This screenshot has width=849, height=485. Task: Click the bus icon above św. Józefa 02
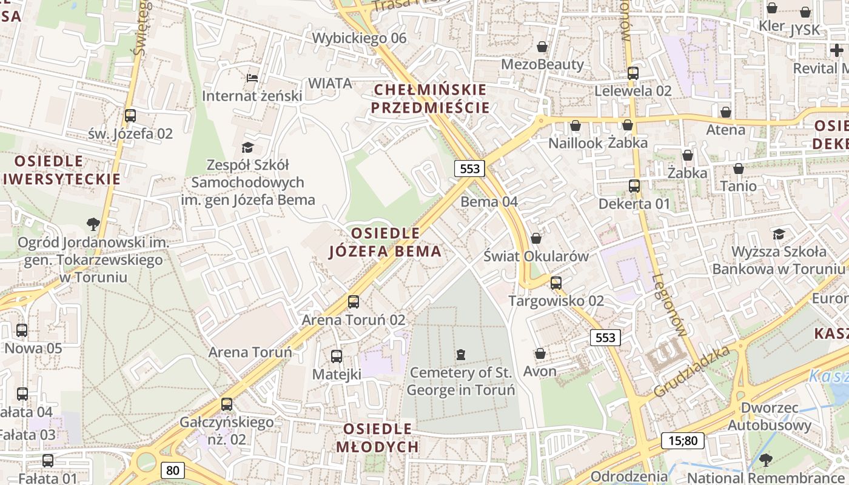coord(130,116)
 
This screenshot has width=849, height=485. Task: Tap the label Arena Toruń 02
coord(354,319)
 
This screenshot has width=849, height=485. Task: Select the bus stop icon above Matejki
coord(337,356)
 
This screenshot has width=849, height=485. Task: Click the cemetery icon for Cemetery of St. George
coord(461,354)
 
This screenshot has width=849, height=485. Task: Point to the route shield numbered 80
coord(173,470)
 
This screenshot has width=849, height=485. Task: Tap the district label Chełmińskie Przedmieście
coord(430,99)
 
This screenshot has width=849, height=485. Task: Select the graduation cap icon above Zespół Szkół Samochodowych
coord(247,147)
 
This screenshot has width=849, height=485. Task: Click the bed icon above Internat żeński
coord(252,78)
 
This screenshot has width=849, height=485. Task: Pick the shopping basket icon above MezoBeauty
coord(542,47)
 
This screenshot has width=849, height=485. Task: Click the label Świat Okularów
coord(536,256)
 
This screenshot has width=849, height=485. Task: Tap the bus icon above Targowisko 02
coord(556,283)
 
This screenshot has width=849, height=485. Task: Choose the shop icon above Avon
coord(540,353)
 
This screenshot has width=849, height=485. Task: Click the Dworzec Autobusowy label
coord(770,416)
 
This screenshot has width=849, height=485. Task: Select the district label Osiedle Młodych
coord(377,438)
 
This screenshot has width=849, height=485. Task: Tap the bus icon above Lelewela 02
coord(633,73)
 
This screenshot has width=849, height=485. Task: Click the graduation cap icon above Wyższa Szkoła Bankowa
coord(778,234)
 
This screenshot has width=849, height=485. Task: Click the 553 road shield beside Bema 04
coord(470,169)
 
